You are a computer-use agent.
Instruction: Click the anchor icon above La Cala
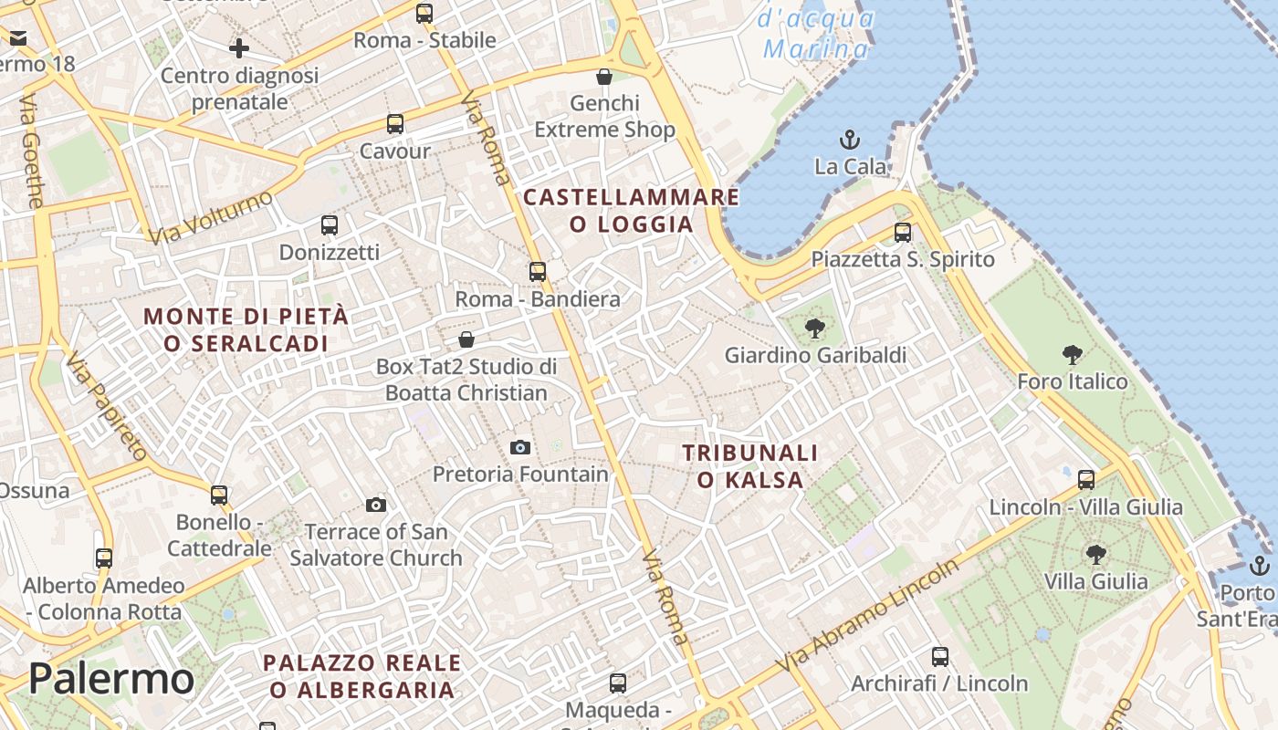point(850,141)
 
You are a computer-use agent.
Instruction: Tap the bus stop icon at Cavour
point(395,124)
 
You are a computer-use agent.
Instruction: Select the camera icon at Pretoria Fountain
point(520,447)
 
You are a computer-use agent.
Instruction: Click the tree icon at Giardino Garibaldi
point(815,328)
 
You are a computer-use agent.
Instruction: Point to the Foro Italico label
point(1073,381)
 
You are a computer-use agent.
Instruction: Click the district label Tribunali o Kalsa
point(750,466)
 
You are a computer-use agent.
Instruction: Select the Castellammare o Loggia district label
point(631,211)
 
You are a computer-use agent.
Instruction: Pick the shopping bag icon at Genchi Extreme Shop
point(603,77)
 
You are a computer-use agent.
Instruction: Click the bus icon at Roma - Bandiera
point(538,272)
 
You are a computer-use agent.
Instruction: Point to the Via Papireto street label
point(108,406)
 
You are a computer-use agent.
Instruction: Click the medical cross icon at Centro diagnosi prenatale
point(239,48)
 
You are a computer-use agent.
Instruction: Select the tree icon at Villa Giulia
point(1095,554)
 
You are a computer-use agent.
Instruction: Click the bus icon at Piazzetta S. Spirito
point(903,233)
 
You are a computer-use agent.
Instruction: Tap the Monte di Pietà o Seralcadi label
point(246,329)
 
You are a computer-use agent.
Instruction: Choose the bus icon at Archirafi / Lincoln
point(940,657)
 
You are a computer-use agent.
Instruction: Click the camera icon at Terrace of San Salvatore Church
point(376,505)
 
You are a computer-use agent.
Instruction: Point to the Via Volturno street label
point(211,217)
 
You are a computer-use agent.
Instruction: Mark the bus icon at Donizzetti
point(330,225)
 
